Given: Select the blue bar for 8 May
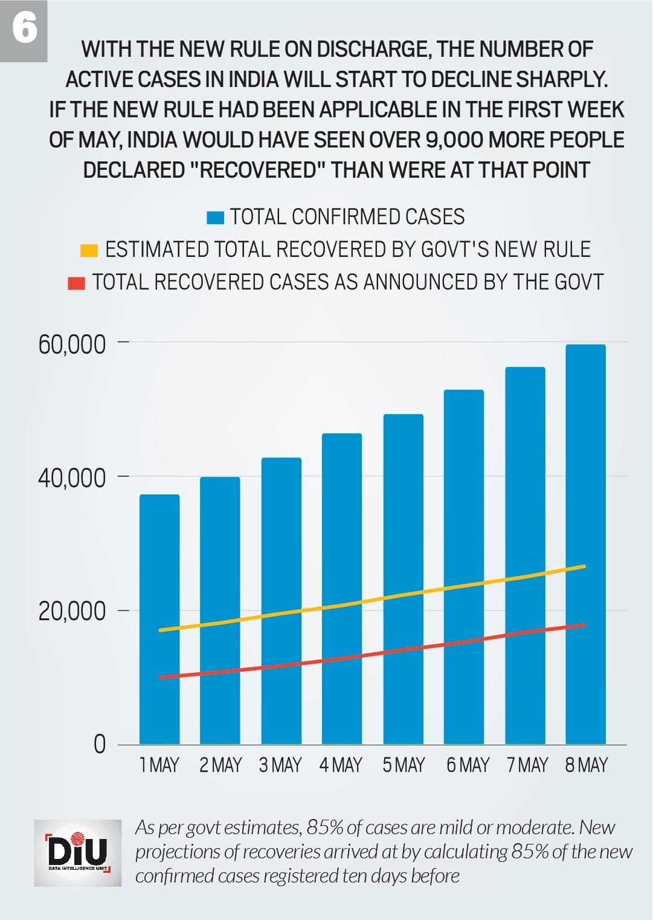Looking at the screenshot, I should click(x=585, y=544).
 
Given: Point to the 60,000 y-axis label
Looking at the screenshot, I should click(x=72, y=344).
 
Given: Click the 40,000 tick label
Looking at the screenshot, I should click(x=72, y=478).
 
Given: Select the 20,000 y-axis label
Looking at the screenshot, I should click(x=72, y=611).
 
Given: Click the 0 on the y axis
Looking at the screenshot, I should click(x=100, y=744).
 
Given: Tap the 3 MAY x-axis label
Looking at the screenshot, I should click(x=280, y=765).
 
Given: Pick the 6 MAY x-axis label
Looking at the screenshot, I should click(x=468, y=765).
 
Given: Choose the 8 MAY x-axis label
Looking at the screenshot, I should click(x=586, y=765).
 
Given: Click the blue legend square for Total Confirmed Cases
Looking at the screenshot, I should click(x=215, y=218).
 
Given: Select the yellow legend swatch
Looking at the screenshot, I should click(x=89, y=250).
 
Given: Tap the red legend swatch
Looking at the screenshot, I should click(x=76, y=283).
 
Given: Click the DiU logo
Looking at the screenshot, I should click(x=78, y=853).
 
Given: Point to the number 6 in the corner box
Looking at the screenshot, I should click(x=24, y=28).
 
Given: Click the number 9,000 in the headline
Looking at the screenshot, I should click(x=454, y=140).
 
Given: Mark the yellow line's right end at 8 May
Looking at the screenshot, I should click(x=584, y=566).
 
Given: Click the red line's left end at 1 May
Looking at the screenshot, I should click(x=160, y=678).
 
